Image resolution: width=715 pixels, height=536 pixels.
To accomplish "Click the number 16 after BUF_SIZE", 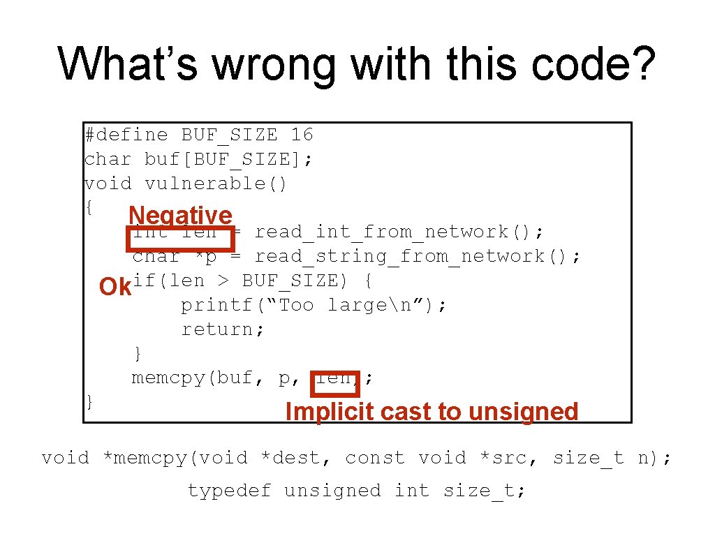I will [x=302, y=134].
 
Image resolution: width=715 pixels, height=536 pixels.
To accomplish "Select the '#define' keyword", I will [x=126, y=134].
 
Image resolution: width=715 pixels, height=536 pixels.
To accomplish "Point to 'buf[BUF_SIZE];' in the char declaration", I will [x=228, y=158].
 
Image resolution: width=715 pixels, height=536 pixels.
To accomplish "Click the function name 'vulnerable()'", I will [x=216, y=183].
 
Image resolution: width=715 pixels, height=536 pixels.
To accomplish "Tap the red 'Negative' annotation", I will [x=180, y=216].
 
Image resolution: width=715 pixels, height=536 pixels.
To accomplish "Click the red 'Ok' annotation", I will [x=115, y=287].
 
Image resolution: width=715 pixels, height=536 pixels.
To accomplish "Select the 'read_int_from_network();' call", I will [x=399, y=232].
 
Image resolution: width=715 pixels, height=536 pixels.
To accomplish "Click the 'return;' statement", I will [x=223, y=329].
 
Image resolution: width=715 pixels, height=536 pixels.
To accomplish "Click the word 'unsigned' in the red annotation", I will [x=523, y=412].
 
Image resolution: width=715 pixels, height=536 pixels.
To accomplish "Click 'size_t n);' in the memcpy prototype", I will [x=612, y=458].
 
